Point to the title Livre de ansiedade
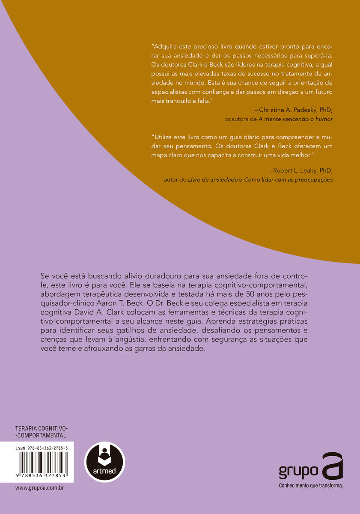(214, 180)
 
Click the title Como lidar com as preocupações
(289, 180)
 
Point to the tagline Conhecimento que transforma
(311, 486)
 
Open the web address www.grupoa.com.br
(39, 488)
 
